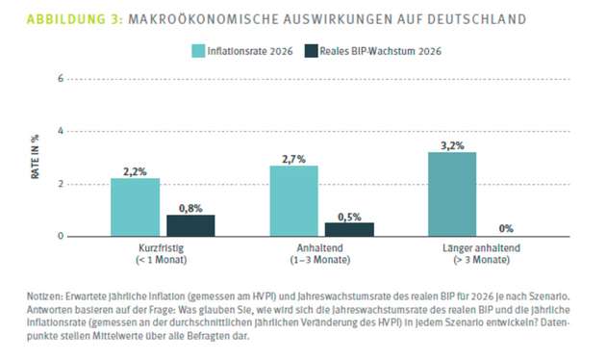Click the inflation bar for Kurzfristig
pyautogui.click(x=136, y=207)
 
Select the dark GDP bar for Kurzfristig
pyautogui.click(x=190, y=225)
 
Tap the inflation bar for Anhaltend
pyautogui.click(x=293, y=200)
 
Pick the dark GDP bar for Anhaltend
pyautogui.click(x=349, y=229)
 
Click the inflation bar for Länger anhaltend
pyautogui.click(x=452, y=193)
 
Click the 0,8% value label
pyautogui.click(x=190, y=207)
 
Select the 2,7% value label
pyautogui.click(x=293, y=157)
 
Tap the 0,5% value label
pyautogui.click(x=349, y=215)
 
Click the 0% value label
pyautogui.click(x=506, y=228)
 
